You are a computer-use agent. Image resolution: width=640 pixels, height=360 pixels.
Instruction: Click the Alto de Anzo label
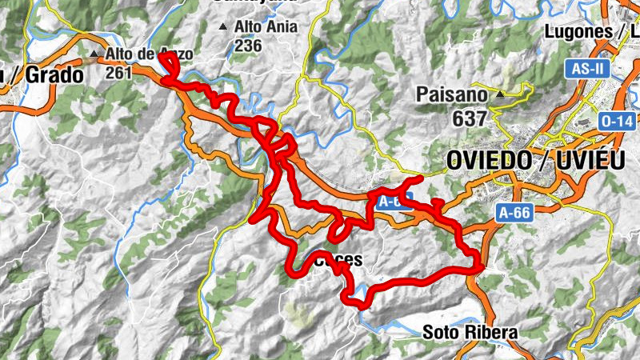point(149,54)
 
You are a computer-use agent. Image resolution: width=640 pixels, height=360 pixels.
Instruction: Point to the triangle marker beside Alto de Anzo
point(95,54)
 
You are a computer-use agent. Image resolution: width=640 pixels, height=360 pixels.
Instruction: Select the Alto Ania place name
point(266,26)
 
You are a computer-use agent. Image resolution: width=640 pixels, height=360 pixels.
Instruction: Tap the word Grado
point(54,76)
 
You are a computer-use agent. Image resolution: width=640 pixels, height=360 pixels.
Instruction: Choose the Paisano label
point(451,94)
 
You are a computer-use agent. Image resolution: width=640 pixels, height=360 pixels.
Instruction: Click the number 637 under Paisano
point(468,118)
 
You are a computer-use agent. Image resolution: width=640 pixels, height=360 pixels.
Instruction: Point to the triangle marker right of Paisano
point(500,94)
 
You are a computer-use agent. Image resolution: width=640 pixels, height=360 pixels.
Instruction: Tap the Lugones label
point(577,32)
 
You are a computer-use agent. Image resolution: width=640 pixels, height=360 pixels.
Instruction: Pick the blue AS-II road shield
point(588,69)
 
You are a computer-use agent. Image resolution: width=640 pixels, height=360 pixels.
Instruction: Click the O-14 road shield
point(616,121)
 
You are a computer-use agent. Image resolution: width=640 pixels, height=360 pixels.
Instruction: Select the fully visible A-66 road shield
point(514,213)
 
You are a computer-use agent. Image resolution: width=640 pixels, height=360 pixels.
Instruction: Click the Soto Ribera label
point(470,331)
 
